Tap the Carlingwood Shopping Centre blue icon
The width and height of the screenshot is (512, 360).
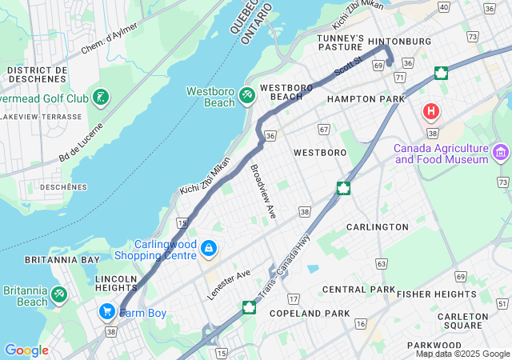point(208,249)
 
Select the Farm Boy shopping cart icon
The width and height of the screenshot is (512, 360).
point(106,311)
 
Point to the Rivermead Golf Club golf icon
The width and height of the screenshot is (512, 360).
point(101,98)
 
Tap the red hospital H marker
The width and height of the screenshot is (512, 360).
point(432,111)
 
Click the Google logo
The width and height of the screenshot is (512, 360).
point(26,350)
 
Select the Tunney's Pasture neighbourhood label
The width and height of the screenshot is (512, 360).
point(340,43)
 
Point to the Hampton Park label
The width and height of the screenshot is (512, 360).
point(366,98)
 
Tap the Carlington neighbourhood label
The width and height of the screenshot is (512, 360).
point(377,227)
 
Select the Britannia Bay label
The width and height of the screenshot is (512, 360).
point(50,260)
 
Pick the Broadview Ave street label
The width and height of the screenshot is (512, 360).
point(263,192)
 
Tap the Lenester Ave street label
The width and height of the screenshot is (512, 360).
point(229,285)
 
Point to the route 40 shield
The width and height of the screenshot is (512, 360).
point(444,6)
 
